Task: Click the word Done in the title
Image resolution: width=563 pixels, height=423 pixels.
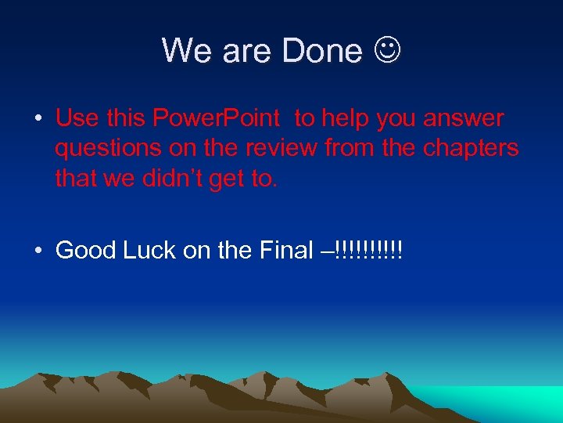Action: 322,51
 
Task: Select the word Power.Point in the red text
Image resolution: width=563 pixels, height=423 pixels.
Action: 216,118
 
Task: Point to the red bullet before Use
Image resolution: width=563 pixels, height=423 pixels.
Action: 38,120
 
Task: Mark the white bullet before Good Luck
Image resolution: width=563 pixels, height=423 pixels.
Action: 38,251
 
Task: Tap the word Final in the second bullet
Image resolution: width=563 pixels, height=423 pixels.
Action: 288,251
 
